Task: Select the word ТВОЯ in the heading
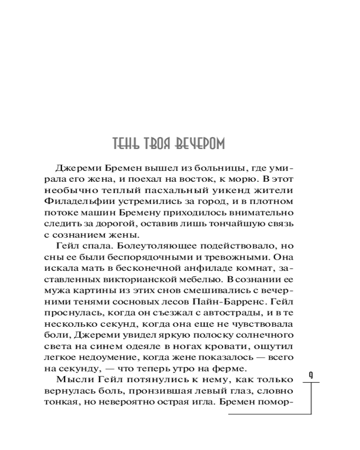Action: point(157,144)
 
